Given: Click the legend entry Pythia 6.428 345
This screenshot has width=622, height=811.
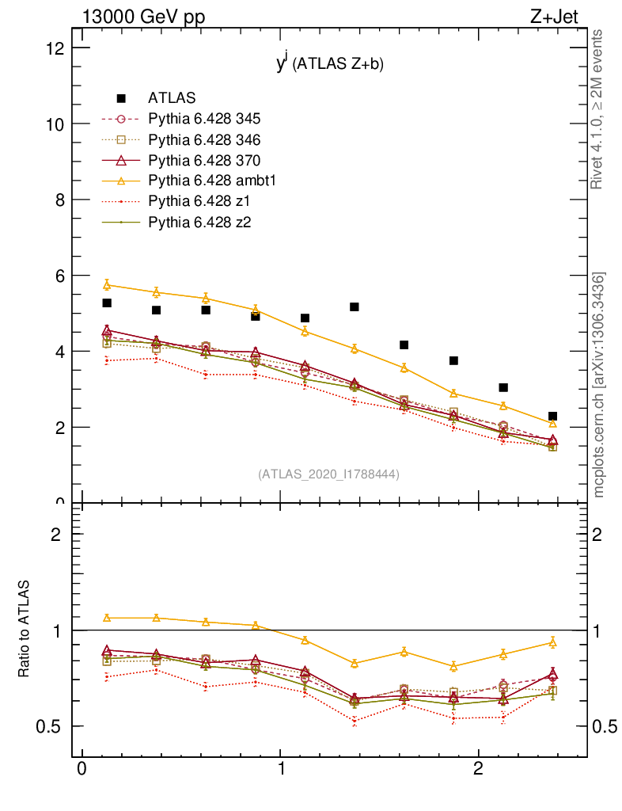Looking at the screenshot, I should [204, 119].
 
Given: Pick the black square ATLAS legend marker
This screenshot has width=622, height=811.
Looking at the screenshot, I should [121, 98].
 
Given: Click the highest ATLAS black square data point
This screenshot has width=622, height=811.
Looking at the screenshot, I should [107, 303].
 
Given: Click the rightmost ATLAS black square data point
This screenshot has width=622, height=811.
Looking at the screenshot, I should [552, 416].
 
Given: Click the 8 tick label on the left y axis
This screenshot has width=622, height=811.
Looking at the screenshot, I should [58, 200].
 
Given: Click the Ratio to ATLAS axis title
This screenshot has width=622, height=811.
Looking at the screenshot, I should [25, 629].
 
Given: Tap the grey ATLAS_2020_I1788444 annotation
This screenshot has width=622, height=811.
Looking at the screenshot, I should [328, 474].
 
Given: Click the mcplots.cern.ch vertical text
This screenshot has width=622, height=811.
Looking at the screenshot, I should [599, 385].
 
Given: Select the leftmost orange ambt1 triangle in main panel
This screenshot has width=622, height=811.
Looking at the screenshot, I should [107, 284].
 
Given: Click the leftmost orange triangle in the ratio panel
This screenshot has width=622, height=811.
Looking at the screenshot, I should [107, 618].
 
